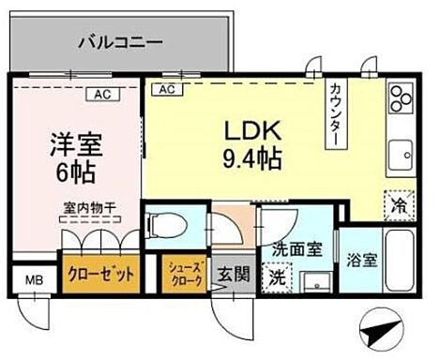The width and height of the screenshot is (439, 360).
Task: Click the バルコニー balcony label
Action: point(119,42)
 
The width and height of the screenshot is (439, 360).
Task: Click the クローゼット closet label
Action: point(103,276)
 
